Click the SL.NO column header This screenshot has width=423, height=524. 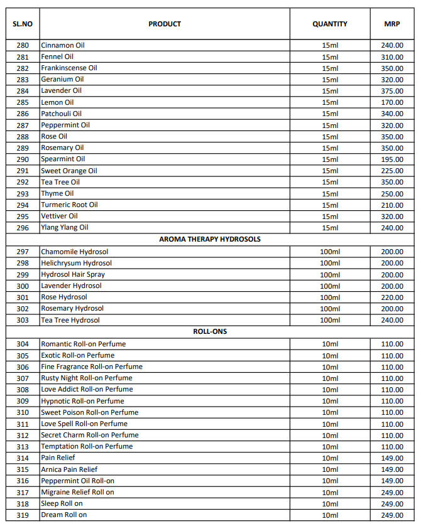click(23, 24)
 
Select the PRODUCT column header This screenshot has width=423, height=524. click(165, 24)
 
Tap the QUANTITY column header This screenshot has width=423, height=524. click(329, 24)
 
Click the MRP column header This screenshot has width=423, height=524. click(392, 24)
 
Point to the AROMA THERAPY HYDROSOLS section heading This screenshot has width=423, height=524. click(210, 239)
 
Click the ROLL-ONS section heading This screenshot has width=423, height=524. click(210, 331)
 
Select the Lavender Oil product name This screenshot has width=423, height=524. click(62, 90)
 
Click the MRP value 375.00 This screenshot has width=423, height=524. click(392, 90)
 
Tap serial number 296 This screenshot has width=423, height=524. click(23, 228)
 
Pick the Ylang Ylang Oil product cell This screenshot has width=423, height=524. click(65, 228)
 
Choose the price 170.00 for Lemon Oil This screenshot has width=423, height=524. click(392, 102)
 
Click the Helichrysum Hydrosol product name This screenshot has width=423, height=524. click(77, 263)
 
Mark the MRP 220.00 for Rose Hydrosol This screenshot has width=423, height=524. click(392, 297)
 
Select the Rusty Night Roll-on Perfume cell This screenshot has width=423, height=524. click(87, 378)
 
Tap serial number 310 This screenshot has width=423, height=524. click(23, 412)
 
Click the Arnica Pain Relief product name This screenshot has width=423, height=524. click(69, 469)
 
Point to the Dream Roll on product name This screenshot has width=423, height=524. click(64, 515)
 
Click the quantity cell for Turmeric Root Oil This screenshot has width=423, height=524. click(329, 205)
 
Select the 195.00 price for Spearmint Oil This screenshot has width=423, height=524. click(392, 159)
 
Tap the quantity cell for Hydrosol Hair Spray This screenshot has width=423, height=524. click(329, 275)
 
